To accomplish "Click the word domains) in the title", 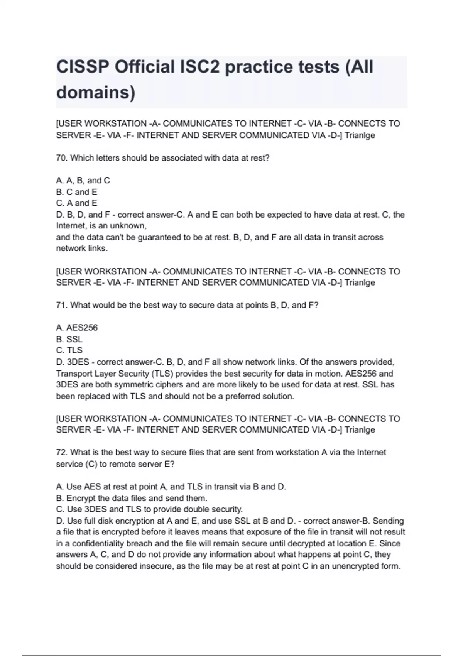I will tap(96, 93).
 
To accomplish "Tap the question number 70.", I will tap(62, 158).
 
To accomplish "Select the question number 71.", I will tap(62, 305).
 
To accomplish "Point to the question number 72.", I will tap(62, 452).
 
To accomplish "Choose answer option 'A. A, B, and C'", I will tap(83, 181).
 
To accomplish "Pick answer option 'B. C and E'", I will tap(76, 192).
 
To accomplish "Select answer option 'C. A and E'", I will tap(76, 203).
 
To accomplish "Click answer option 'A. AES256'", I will tap(77, 328).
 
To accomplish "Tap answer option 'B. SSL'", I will tap(69, 339).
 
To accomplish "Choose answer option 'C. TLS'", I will tap(69, 350).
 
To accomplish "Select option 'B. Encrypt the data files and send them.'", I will tap(132, 498).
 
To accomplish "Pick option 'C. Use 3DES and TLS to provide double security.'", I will tap(149, 509).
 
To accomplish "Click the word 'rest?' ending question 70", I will tap(259, 158).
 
